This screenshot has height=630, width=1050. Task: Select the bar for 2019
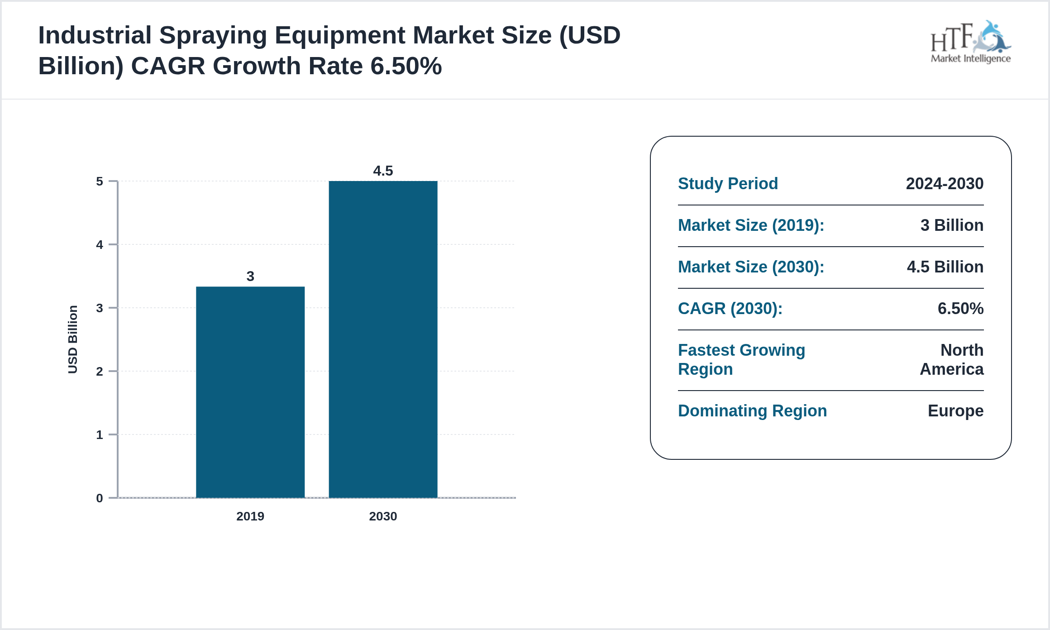coord(250,392)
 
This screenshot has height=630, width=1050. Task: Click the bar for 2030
coord(383,339)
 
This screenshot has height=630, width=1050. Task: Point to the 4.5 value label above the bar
coord(383,171)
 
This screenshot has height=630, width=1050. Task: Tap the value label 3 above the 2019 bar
coord(250,277)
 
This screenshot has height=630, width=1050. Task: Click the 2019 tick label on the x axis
coord(250,516)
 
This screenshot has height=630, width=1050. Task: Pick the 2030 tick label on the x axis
coord(383,516)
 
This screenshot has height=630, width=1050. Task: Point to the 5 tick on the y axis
coord(100,181)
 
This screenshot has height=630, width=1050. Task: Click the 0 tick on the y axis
coord(100,498)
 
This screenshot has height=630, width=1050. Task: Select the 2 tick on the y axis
coord(100,372)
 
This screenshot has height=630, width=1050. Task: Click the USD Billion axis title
coord(73,339)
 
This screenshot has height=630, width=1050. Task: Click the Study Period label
coord(728,184)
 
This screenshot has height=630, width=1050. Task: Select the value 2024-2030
coord(945,184)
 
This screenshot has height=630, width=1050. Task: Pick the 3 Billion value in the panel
coord(952,225)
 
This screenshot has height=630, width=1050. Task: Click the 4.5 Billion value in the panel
coord(945,267)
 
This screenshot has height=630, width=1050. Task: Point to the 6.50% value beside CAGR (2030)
coord(960,309)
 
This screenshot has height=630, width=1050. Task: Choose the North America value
coord(952,360)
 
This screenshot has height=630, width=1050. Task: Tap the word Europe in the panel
coord(955,411)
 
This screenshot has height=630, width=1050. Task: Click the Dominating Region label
coord(752,411)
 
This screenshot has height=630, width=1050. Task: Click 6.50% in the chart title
coord(406,66)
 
